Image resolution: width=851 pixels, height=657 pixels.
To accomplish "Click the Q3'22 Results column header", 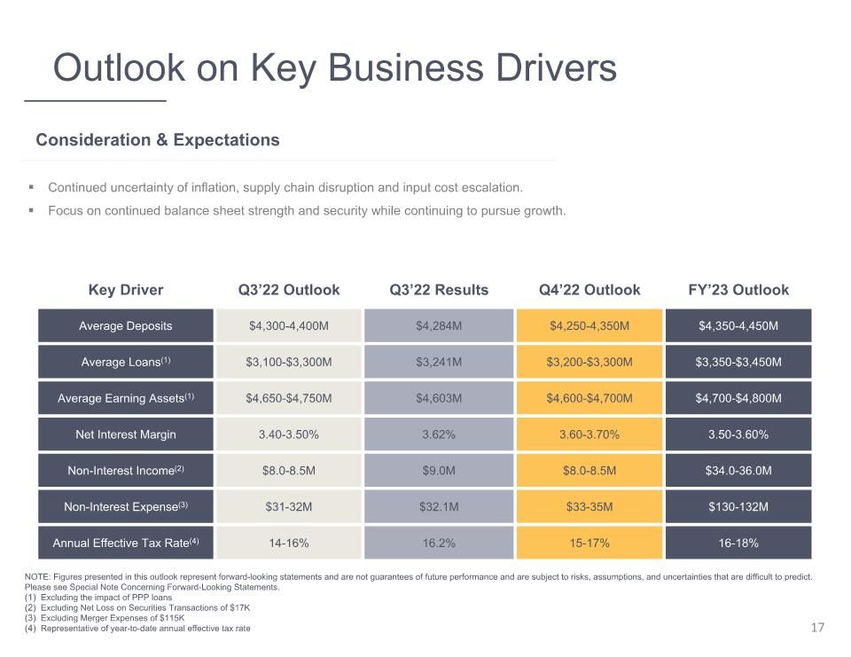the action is (x=439, y=290).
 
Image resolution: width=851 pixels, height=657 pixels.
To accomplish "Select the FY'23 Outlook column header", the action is (x=738, y=290).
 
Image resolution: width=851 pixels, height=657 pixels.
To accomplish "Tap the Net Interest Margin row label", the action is (x=125, y=434).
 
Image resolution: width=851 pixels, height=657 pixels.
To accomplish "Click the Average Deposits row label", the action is (x=125, y=325).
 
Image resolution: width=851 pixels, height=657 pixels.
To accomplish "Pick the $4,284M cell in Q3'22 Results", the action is (x=439, y=325).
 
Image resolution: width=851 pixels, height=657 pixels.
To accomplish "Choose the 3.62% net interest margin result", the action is (x=439, y=434).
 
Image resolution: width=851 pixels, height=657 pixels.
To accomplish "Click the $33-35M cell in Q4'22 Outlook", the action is (x=589, y=506).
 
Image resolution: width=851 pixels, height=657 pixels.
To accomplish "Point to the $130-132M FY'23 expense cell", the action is (x=738, y=506).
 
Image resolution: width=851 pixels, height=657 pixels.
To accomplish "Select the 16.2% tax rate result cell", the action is (x=439, y=543).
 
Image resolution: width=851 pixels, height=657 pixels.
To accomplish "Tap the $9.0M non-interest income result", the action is (x=439, y=471).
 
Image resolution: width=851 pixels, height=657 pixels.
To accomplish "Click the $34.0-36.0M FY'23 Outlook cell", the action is (x=738, y=471).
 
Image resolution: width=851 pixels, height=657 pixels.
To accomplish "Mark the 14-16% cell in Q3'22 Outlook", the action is (x=289, y=543).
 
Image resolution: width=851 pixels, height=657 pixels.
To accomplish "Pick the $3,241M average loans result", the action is (x=439, y=362).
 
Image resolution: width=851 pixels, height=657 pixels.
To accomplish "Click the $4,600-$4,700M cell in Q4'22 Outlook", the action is (x=589, y=398).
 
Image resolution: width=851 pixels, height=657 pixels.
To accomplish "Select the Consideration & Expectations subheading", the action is (x=158, y=140).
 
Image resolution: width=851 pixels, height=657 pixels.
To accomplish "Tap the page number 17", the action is (x=817, y=628).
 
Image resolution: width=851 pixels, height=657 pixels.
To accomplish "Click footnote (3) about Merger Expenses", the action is (x=105, y=618).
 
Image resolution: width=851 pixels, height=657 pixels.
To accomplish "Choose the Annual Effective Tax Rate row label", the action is (x=125, y=543).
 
